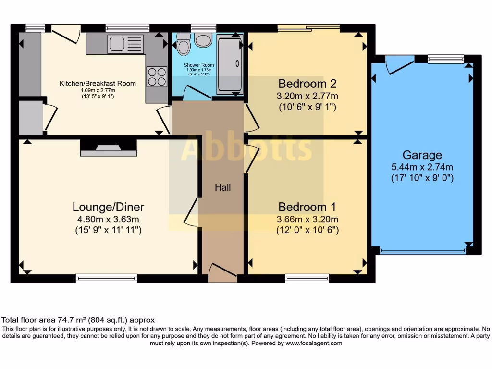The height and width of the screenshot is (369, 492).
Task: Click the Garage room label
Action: click(x=422, y=155)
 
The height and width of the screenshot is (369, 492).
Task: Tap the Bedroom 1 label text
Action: click(x=307, y=207)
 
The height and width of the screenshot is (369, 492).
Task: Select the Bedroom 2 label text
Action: click(x=307, y=83)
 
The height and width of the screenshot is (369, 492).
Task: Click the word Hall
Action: click(x=222, y=187)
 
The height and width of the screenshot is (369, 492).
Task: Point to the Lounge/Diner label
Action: click(x=108, y=207)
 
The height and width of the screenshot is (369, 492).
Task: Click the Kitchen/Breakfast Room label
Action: click(x=98, y=83)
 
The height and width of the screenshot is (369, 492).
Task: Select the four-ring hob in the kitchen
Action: click(x=156, y=76)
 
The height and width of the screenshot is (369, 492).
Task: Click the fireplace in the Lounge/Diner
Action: click(x=108, y=148)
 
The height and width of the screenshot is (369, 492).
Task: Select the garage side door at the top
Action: click(x=399, y=64)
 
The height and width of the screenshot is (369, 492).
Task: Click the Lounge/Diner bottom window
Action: click(x=106, y=278)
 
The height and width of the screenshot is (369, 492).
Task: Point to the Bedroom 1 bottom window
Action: click(x=307, y=278)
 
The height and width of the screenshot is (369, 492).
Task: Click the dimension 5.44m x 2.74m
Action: click(x=422, y=167)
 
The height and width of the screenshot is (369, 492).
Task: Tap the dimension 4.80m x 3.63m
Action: click(x=108, y=219)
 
